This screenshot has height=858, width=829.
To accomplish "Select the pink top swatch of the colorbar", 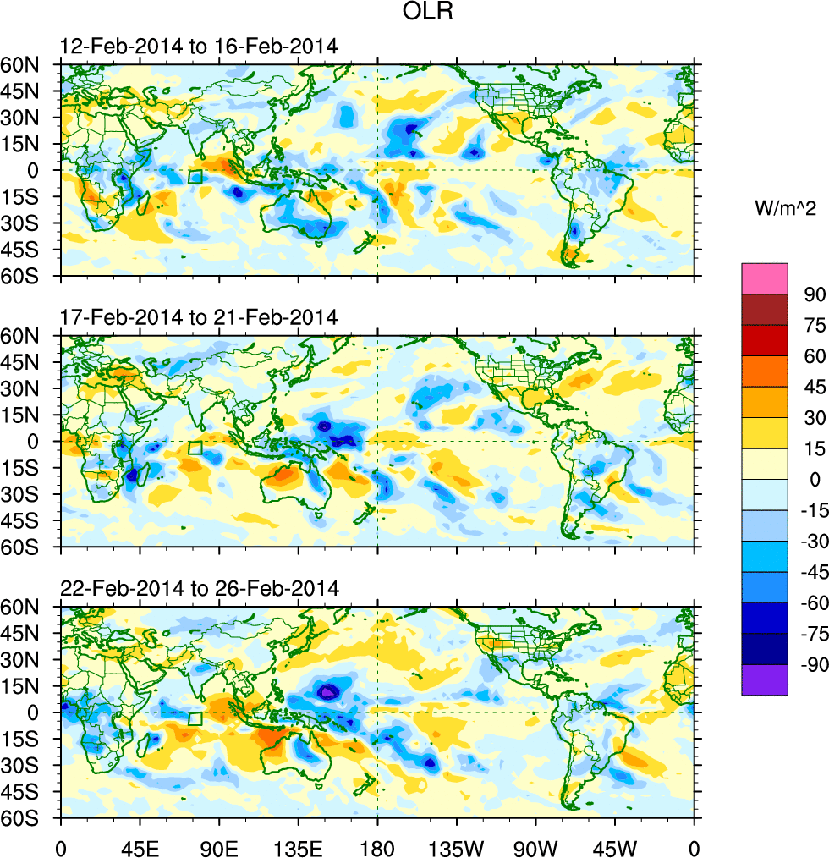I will click(x=765, y=278).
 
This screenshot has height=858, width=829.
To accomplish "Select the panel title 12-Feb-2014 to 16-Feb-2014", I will click(x=199, y=47).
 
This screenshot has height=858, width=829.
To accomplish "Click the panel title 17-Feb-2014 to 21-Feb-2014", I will click(x=199, y=317).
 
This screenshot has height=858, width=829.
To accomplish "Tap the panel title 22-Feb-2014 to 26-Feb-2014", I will click(x=200, y=588).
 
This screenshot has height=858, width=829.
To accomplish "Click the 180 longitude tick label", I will click(x=377, y=846).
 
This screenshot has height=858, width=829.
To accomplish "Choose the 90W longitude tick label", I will click(x=535, y=846).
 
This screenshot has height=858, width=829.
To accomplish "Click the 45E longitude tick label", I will click(x=140, y=846).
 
